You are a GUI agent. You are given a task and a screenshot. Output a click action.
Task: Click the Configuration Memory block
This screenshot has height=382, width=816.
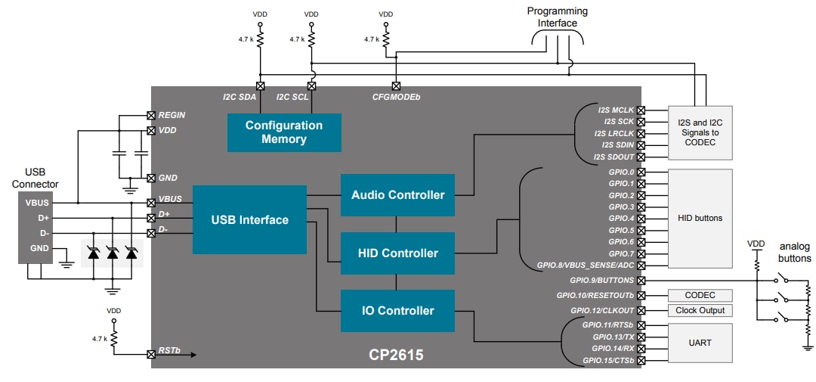coord(284,132)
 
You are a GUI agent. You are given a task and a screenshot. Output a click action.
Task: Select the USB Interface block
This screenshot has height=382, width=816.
coord(249,220)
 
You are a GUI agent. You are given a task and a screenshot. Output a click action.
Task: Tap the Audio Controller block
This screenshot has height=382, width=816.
coord(397,195)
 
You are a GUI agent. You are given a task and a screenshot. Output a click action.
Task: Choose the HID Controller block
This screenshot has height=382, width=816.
coord(397,253)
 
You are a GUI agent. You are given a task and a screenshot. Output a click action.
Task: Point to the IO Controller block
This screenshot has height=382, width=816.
coord(397,311)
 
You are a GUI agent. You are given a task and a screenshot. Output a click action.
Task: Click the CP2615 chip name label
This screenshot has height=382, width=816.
coord(397,354)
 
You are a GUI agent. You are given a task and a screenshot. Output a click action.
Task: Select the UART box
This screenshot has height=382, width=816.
coord(699,343)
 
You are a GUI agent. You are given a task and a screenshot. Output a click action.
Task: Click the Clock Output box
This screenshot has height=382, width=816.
coord(699,310)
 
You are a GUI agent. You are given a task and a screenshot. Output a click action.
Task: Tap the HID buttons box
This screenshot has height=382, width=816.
coord(699,218)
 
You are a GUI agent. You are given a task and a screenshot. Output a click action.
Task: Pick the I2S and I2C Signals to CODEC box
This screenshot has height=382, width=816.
coord(699,132)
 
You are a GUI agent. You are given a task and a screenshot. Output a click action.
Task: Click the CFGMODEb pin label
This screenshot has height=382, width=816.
coord(396,98)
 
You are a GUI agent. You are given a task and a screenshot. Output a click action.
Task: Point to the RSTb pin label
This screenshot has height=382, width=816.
coord(168,352)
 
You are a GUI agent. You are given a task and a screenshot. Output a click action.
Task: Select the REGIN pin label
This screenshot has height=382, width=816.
coord(172,115)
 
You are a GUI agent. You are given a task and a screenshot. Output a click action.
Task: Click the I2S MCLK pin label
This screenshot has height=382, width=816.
coord(615,110)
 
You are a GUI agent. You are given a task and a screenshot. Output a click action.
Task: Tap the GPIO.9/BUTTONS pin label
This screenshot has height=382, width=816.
coord(602,280)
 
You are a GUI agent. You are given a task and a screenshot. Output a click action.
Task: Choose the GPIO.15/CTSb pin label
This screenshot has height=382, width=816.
coord(608,360)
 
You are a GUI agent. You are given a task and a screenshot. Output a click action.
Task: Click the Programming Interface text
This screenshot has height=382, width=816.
coord(557,17)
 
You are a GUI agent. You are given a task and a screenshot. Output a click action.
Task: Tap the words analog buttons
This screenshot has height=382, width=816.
coord(795,252)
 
